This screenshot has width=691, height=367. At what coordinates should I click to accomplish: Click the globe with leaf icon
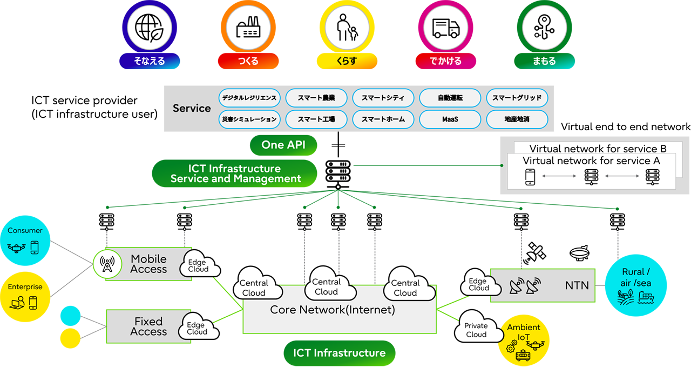(x=149, y=28)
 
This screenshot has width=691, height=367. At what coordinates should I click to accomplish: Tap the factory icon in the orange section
(x=248, y=28)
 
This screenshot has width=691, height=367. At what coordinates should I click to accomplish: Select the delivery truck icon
(x=446, y=28)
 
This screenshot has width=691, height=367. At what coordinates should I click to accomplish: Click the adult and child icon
(x=347, y=28)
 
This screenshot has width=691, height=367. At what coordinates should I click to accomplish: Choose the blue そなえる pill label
(x=149, y=61)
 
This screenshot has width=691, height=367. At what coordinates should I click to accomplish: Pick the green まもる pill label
(x=544, y=61)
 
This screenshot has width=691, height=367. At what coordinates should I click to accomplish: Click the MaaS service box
(x=450, y=119)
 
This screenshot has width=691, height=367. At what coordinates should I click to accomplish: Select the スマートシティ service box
(x=383, y=98)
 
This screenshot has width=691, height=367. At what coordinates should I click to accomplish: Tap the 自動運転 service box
(x=450, y=98)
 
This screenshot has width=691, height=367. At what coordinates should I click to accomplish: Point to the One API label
(x=283, y=144)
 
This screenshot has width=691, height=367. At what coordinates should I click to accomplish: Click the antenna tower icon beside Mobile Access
(x=105, y=264)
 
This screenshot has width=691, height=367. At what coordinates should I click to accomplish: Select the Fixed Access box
(x=148, y=326)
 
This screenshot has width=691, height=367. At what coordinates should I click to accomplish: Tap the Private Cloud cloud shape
(x=476, y=330)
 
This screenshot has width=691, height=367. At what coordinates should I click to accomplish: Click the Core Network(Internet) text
(x=333, y=310)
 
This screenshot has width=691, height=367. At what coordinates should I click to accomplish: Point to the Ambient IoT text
(x=523, y=332)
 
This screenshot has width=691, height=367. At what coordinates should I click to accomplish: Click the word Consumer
(x=25, y=231)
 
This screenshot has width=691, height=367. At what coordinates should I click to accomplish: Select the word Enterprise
(x=25, y=287)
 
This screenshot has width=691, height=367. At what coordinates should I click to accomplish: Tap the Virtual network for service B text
(x=598, y=149)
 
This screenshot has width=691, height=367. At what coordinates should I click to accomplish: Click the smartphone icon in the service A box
(x=530, y=177)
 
